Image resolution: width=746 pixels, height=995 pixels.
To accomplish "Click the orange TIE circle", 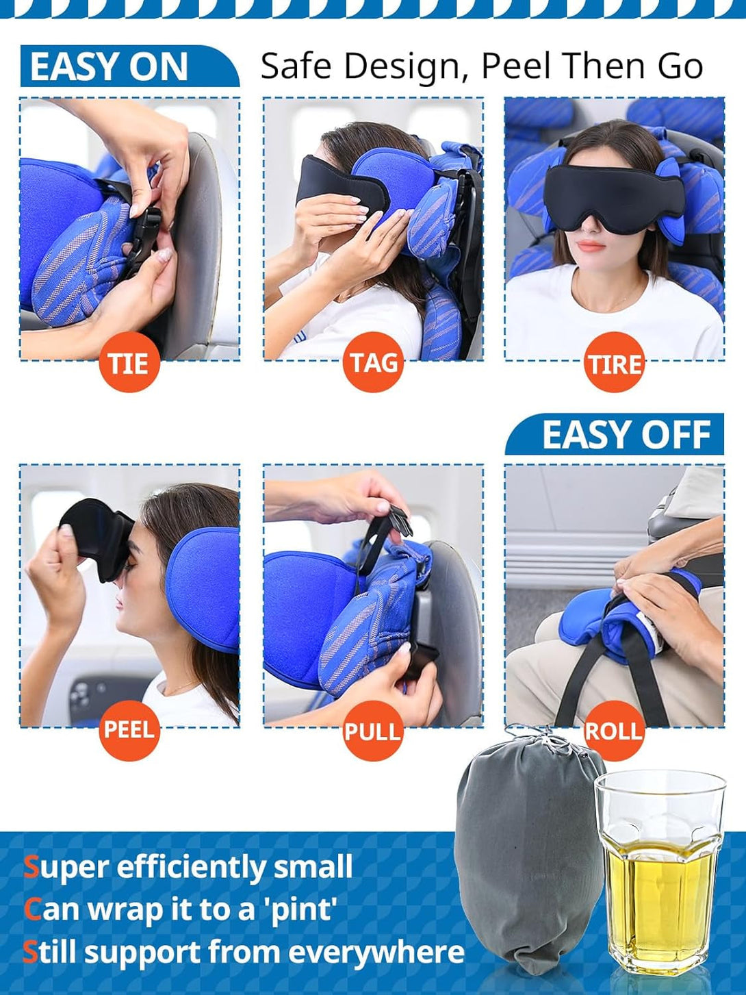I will pyautogui.click(x=129, y=362).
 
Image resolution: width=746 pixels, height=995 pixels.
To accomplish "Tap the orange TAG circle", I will pyautogui.click(x=373, y=362).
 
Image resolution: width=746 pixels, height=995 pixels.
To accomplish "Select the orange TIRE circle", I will pyautogui.click(x=614, y=362).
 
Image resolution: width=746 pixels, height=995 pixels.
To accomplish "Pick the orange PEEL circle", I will pyautogui.click(x=129, y=730).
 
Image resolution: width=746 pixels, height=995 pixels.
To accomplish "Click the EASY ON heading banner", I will pyautogui.click(x=110, y=67).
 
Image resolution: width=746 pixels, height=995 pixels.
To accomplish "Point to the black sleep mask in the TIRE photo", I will pyautogui.click(x=613, y=188).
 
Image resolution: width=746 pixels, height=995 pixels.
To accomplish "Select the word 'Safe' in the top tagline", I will pyautogui.click(x=298, y=66).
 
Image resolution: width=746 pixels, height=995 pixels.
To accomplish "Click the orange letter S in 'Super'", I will pyautogui.click(x=31, y=867).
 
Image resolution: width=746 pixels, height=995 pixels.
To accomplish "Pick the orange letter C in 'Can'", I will pyautogui.click(x=32, y=910).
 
